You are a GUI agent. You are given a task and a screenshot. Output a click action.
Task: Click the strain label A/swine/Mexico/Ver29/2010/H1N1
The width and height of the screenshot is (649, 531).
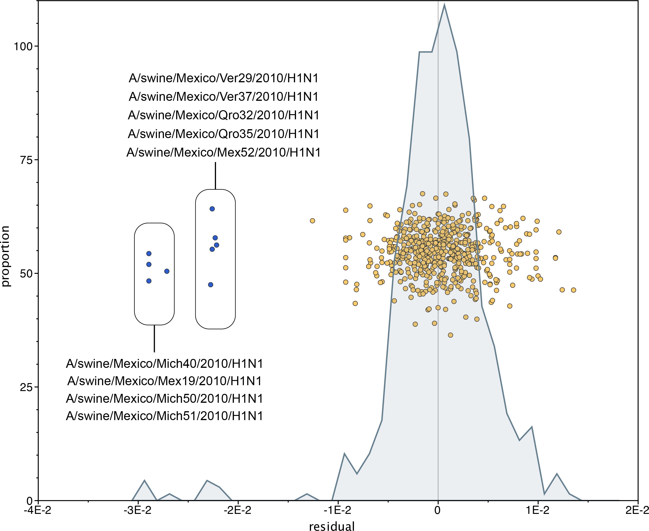[x=223, y=78]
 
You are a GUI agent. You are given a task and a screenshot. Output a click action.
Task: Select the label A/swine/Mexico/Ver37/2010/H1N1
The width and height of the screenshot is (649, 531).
[x=223, y=97]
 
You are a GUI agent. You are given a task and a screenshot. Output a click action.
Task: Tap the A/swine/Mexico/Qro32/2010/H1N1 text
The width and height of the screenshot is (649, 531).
[x=223, y=115]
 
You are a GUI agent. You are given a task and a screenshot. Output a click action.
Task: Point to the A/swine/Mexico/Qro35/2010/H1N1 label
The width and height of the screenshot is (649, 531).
[x=223, y=134]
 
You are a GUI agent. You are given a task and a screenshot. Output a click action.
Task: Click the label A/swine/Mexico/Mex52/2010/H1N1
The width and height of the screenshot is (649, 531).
[x=223, y=152]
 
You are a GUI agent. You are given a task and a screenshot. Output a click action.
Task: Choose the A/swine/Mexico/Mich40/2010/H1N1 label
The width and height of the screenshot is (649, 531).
[x=164, y=364]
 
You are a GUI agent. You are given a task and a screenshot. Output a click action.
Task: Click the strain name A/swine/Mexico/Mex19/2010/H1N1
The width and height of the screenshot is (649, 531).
[x=164, y=381]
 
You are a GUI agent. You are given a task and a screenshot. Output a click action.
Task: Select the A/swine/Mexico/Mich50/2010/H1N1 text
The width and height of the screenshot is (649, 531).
[x=164, y=399]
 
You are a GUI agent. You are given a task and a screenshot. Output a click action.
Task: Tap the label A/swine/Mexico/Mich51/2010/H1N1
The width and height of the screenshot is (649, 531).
[x=164, y=416]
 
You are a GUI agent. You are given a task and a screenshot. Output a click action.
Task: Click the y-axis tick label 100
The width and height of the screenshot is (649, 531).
[x=23, y=46]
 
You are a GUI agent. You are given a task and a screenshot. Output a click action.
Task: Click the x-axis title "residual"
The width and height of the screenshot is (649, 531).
[x=332, y=526]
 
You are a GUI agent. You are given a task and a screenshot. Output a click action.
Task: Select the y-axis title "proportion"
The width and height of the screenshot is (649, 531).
[x=5, y=256]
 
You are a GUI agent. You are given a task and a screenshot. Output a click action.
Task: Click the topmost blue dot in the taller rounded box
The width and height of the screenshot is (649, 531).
[x=212, y=209]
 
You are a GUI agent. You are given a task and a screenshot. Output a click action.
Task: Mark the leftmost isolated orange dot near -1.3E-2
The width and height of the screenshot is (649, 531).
[x=312, y=221]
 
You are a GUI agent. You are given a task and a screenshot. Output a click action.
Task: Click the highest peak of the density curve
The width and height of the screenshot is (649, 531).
[x=444, y=4]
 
